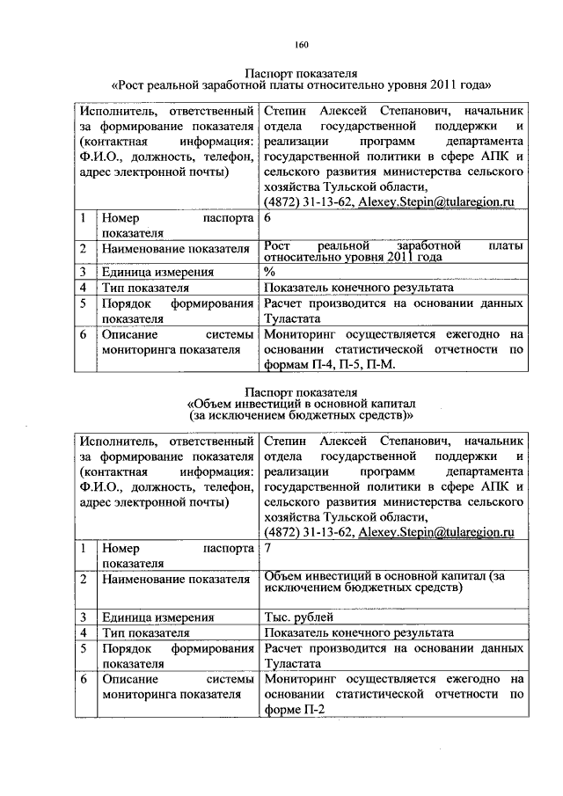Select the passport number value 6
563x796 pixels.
(x=267, y=217)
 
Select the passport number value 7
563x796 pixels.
(x=267, y=548)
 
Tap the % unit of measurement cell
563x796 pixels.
(x=268, y=272)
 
